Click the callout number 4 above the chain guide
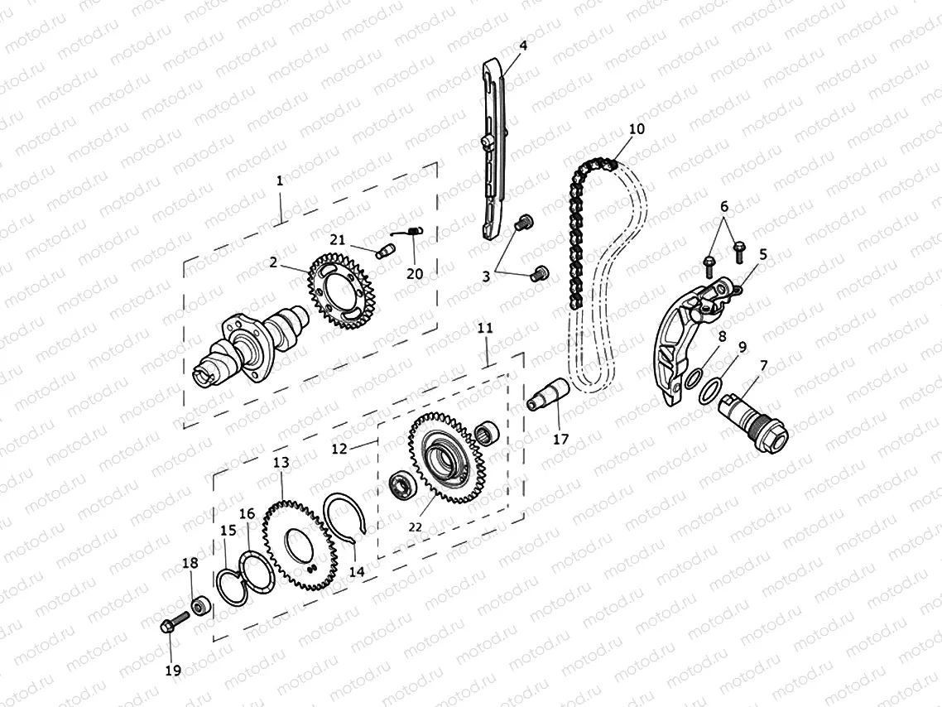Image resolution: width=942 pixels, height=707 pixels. click(523, 45)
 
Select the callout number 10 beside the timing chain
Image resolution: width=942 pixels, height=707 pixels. click(636, 129)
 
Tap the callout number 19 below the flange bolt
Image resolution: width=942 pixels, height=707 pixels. click(172, 671)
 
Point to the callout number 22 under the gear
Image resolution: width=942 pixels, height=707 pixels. click(415, 527)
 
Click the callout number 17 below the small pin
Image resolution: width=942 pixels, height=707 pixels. click(560, 439)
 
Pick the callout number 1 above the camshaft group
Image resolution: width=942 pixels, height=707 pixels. click(280, 180)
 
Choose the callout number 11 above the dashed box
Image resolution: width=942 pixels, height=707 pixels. click(485, 329)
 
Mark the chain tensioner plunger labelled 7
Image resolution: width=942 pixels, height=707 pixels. click(753, 418)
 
